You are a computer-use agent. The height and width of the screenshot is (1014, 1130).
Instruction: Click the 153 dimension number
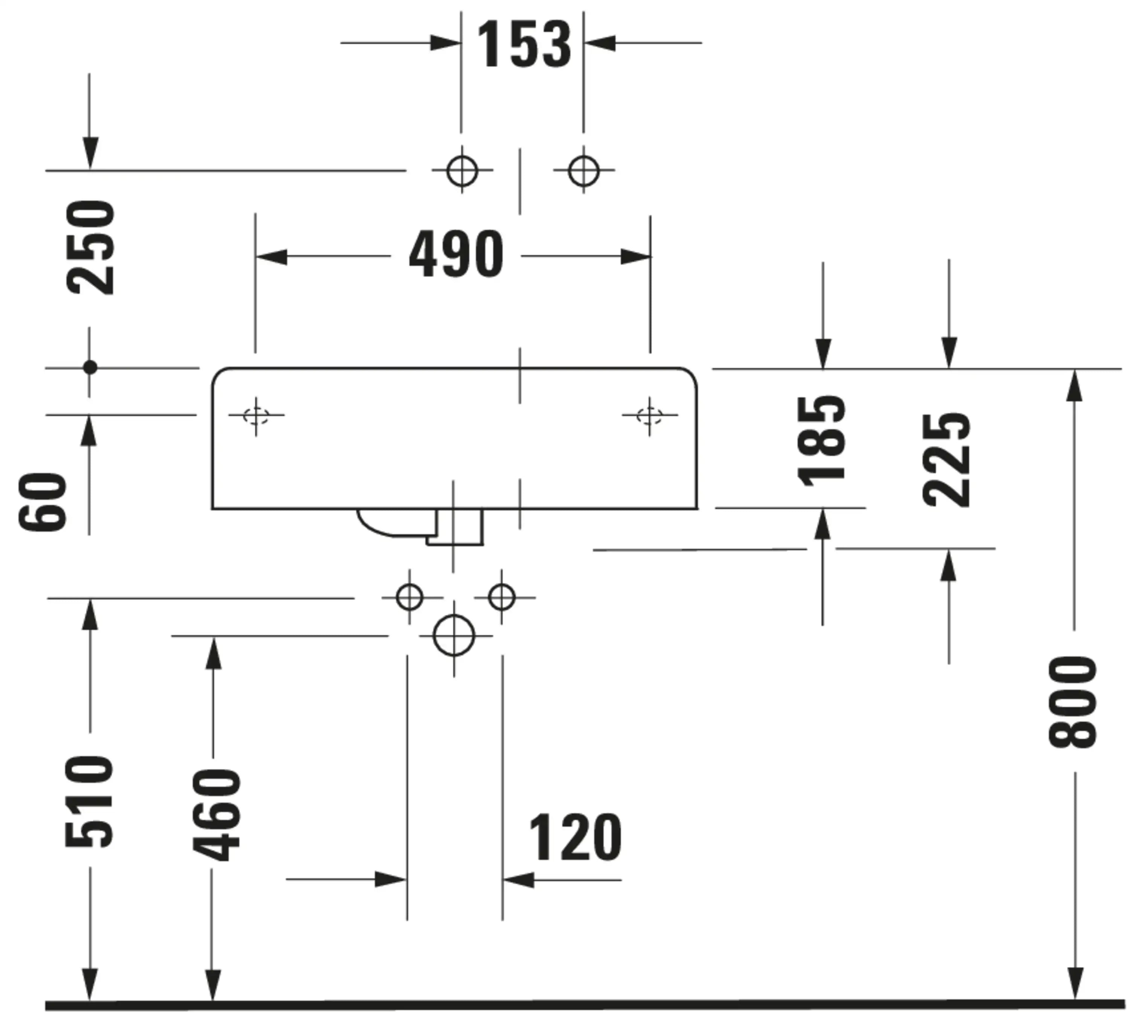pos(524,44)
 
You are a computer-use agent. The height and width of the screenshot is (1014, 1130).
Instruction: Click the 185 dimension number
pos(821,441)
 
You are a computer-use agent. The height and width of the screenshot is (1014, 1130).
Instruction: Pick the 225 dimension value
pos(946,460)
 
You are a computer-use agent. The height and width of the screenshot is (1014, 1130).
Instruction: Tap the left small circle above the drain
pos(409,597)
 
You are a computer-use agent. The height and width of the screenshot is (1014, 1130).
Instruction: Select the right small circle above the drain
pos(501,597)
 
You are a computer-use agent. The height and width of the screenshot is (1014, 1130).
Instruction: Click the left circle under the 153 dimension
pos(462,171)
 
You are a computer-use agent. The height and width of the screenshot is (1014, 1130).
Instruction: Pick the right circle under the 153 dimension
pos(583,171)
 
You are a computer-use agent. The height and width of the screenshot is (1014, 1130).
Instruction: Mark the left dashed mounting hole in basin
pos(256,415)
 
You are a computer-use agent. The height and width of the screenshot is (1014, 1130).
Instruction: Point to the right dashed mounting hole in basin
pos(650,415)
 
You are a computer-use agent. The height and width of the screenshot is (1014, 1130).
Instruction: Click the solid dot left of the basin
pos(90,368)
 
